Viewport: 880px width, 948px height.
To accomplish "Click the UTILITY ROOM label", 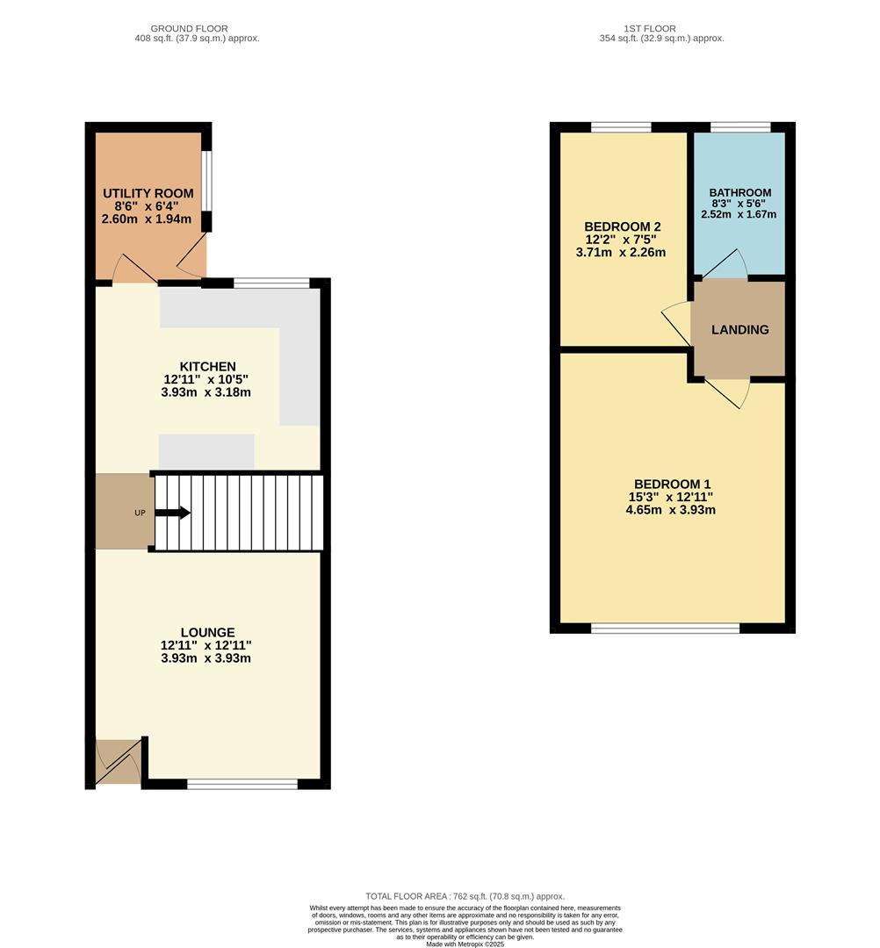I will (148, 194).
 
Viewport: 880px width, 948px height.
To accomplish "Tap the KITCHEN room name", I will (207, 367).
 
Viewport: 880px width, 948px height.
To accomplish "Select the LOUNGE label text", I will (207, 632).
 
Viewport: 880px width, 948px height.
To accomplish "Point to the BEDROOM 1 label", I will (672, 484).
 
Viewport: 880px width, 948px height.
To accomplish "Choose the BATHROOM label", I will (740, 193).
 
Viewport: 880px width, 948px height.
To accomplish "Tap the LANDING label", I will (739, 330).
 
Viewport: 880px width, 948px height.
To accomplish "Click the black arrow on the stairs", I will (173, 513).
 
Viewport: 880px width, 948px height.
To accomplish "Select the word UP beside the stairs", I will (140, 513).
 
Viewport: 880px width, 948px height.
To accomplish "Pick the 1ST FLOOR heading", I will (650, 29).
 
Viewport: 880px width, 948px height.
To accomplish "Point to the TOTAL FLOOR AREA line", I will (465, 896).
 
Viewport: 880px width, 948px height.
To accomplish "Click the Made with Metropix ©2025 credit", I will (466, 944).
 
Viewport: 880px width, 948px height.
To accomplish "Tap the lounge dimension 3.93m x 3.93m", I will (206, 658).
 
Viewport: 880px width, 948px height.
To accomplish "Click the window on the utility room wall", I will (206, 182).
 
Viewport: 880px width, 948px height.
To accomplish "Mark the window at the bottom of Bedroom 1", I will (665, 628).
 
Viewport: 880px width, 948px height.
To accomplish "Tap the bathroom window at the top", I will (740, 127).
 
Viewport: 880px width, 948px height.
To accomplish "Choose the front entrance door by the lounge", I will (119, 763).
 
